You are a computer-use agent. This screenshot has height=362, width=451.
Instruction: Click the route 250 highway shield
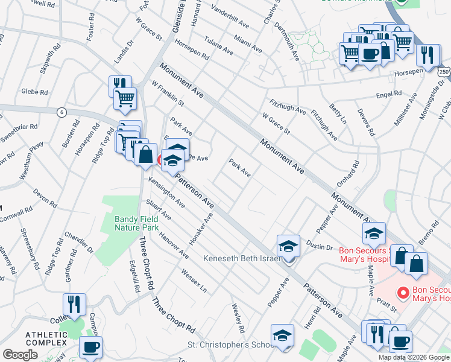tap(444, 71)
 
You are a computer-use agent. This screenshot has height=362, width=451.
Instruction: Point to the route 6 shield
tap(61, 112)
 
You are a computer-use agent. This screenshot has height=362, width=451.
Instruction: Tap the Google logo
tap(20, 355)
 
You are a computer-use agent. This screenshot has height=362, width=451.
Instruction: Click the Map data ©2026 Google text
tap(414, 357)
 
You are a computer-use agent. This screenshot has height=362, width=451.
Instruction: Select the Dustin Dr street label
tap(320, 246)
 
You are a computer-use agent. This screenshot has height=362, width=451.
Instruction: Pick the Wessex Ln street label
tap(194, 279)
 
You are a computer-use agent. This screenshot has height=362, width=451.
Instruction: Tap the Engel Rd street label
tap(388, 94)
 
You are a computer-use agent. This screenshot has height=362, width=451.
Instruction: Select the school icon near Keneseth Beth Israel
tap(289, 246)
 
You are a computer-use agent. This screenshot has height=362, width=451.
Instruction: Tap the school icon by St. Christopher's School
tap(282, 336)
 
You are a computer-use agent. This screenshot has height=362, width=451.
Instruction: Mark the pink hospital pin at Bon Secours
tap(402, 293)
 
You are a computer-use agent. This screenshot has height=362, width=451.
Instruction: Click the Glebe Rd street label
tap(34, 92)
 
